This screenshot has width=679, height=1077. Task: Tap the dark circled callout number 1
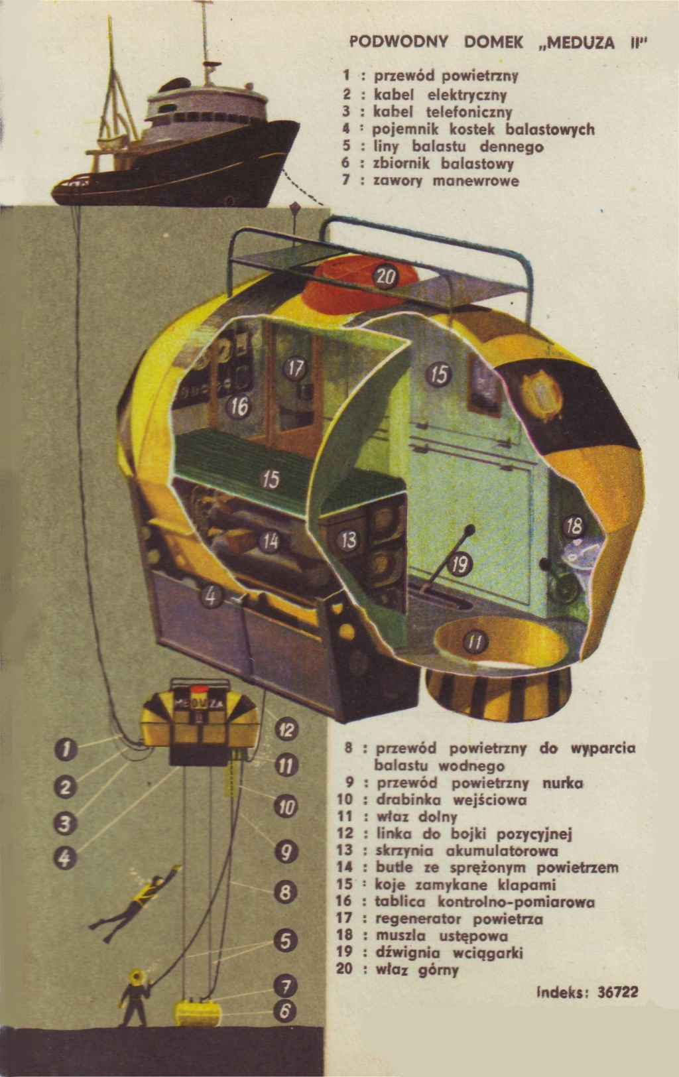pos(64,749)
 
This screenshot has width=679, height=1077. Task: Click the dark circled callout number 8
pos(284,893)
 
